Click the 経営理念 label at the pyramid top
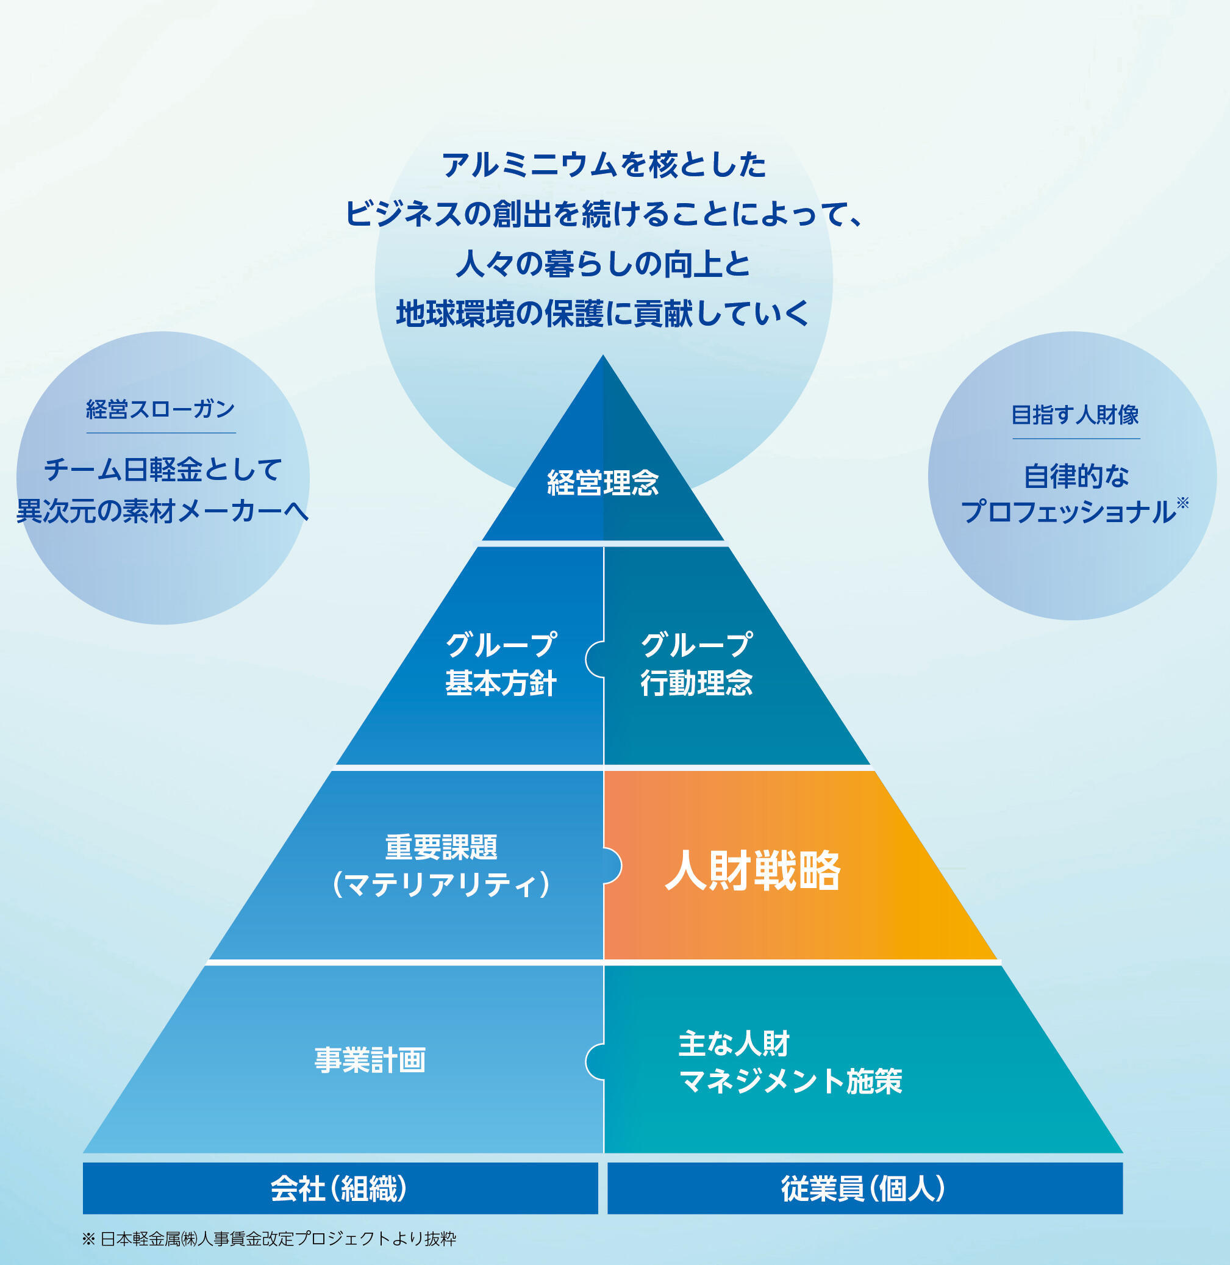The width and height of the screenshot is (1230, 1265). tap(602, 482)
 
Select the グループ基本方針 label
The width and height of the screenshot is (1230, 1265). tap(501, 664)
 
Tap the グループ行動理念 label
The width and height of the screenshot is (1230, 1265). tap(696, 664)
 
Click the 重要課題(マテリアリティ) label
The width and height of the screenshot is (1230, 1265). tap(442, 865)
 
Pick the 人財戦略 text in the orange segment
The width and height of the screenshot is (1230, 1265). tap(753, 870)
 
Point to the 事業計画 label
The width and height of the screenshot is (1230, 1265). tap(370, 1060)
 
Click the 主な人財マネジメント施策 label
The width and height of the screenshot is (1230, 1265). tap(790, 1063)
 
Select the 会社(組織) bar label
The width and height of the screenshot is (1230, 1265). tap(340, 1188)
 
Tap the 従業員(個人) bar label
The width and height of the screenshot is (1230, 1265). tap(864, 1188)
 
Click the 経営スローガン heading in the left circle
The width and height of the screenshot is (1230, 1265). tap(160, 409)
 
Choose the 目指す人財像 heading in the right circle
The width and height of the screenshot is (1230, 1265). tap(1075, 414)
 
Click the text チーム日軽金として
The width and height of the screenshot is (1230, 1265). tap(163, 469)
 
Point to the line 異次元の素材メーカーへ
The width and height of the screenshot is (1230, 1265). tap(163, 511)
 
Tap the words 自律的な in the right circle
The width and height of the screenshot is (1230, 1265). tap(1076, 476)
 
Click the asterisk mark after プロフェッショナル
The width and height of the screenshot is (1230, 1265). tap(1182, 502)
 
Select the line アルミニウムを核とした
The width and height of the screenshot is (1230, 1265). tap(604, 165)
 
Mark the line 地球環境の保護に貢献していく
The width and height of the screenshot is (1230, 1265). tap(602, 314)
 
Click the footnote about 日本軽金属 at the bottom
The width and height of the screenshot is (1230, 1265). tap(270, 1239)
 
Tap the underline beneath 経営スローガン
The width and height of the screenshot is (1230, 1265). tap(161, 433)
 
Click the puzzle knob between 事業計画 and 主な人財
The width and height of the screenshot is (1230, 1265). tap(594, 1061)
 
